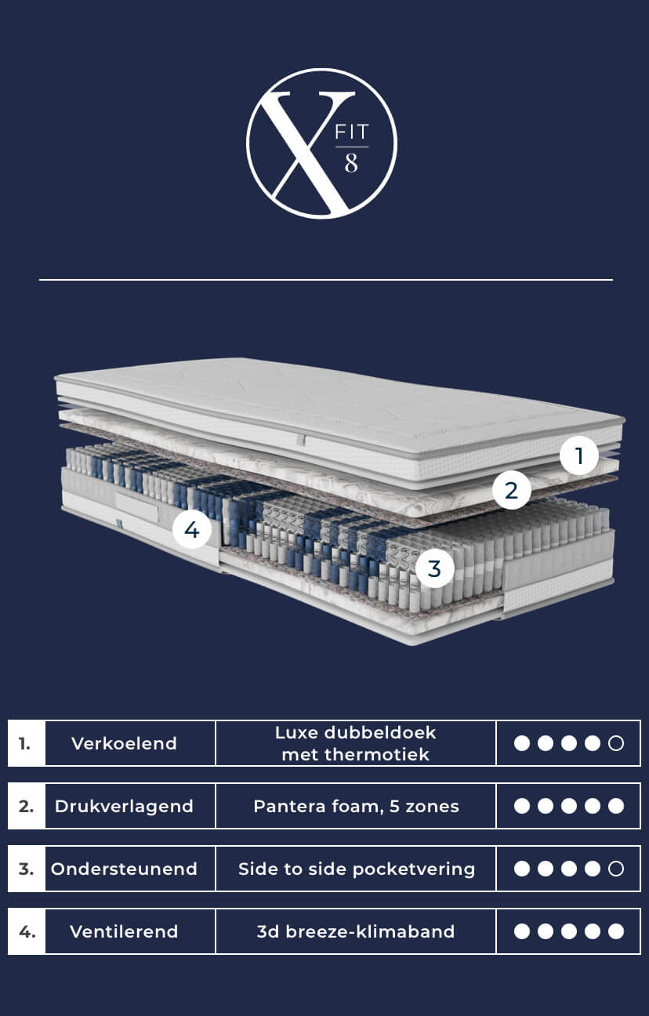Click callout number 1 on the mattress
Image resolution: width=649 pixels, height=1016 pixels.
click(578, 455)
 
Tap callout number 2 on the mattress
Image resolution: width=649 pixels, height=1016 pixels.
click(512, 490)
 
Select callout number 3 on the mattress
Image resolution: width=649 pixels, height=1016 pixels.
click(434, 568)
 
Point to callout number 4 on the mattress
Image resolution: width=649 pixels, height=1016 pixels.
click(192, 529)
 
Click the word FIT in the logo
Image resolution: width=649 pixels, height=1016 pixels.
click(351, 132)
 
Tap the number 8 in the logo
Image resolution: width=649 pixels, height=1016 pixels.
click(351, 163)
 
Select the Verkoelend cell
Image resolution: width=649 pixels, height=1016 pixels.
click(124, 743)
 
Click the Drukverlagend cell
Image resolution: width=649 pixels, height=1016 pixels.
click(124, 806)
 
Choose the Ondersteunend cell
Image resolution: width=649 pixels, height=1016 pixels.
click(124, 869)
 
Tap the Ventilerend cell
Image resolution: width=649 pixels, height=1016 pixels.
click(124, 931)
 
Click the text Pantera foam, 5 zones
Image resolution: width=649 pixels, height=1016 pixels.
click(356, 807)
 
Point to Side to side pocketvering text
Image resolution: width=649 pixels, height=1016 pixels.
click(357, 869)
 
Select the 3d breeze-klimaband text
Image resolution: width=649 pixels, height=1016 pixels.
click(356, 931)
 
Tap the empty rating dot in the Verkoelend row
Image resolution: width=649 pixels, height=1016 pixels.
click(616, 743)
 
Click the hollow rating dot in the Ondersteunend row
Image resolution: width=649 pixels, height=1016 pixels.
click(616, 869)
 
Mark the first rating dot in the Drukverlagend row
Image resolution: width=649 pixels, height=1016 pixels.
click(522, 806)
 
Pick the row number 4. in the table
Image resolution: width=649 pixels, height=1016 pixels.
click(27, 931)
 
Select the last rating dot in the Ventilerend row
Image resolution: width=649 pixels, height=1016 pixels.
click(616, 931)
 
